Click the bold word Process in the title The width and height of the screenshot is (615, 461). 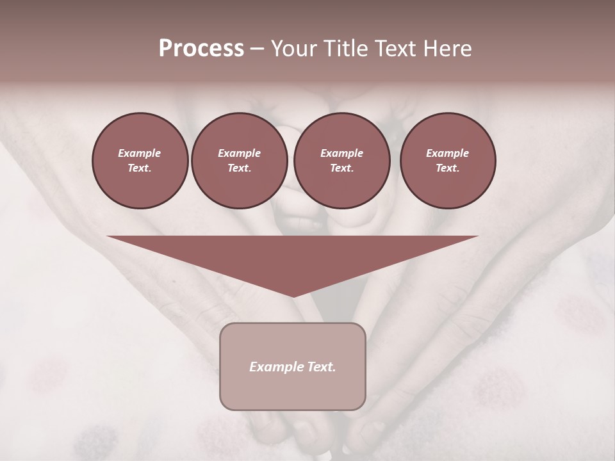tap(201, 49)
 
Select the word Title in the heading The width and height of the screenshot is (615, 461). tap(347, 49)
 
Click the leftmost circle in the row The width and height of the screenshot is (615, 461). tap(140, 161)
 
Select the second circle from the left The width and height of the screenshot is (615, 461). tap(239, 161)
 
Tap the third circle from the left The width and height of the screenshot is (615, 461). tap(341, 161)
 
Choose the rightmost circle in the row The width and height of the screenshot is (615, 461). tap(448, 161)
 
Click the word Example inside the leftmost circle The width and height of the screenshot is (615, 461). tap(140, 153)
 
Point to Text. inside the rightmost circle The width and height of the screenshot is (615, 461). tap(448, 168)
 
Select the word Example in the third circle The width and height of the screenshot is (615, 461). tap(341, 153)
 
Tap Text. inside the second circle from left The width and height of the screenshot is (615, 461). tap(239, 168)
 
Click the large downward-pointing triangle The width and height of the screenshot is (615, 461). tap(292, 256)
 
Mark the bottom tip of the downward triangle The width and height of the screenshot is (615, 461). tap(293, 295)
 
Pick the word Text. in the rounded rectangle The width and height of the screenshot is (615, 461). tap(320, 367)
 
